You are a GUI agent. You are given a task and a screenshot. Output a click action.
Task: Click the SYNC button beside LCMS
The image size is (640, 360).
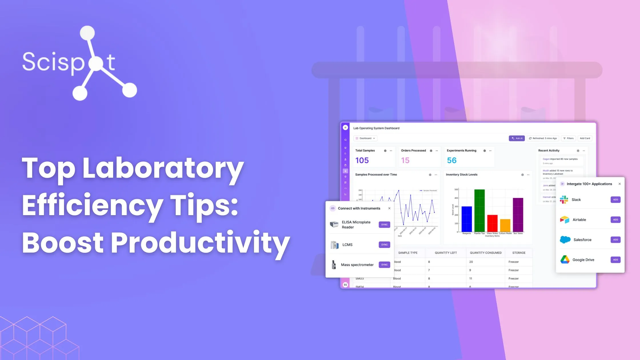[x=384, y=245]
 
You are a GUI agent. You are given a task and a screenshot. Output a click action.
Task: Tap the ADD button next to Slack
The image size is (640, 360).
[x=615, y=200]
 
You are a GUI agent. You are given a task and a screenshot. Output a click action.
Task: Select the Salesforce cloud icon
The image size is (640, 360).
[x=565, y=240]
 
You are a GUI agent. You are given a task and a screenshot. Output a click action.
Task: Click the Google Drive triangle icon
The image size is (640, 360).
[x=565, y=259]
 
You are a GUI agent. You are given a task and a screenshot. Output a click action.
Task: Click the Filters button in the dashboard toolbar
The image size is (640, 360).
[x=568, y=138]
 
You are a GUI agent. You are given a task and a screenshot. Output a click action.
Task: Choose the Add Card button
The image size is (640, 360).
[x=585, y=138]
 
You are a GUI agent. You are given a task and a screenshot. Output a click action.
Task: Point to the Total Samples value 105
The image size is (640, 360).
[x=362, y=161]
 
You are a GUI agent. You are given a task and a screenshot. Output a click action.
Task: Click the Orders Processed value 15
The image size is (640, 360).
[x=405, y=161]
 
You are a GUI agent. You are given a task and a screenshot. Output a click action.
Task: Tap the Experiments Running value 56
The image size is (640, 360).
[x=452, y=161]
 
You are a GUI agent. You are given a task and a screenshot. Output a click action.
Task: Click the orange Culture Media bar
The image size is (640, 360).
[x=505, y=225]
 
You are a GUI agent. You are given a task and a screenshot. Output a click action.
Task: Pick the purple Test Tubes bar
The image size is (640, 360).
[x=518, y=215]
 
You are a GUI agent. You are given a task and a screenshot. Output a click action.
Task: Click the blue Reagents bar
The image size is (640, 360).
[x=467, y=219]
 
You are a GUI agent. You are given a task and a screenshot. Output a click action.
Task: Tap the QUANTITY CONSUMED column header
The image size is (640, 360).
[x=486, y=253]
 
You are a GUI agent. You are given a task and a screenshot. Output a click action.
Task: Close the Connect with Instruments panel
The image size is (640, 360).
[x=389, y=208]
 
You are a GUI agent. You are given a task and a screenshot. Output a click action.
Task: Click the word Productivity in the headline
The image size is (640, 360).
[x=200, y=243]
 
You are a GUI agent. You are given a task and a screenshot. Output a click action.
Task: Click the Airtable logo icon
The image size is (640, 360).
[x=565, y=220]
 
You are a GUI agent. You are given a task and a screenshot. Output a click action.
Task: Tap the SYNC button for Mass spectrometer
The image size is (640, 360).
[x=384, y=265]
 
